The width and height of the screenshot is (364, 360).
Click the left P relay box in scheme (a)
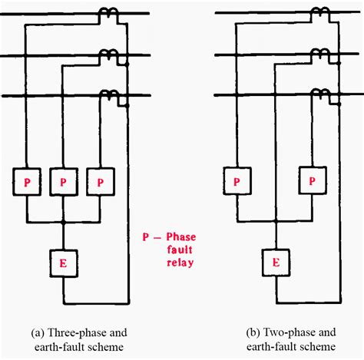pyautogui.click(x=27, y=182)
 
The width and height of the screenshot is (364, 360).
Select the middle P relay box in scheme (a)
pyautogui.click(x=63, y=182)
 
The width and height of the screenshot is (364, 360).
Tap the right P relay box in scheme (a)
pyautogui.click(x=100, y=182)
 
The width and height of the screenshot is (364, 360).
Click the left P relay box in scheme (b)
pyautogui.click(x=237, y=182)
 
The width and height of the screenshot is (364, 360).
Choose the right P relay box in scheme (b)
pyautogui.click(x=311, y=182)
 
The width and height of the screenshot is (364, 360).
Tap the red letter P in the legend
pyautogui.click(x=144, y=237)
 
